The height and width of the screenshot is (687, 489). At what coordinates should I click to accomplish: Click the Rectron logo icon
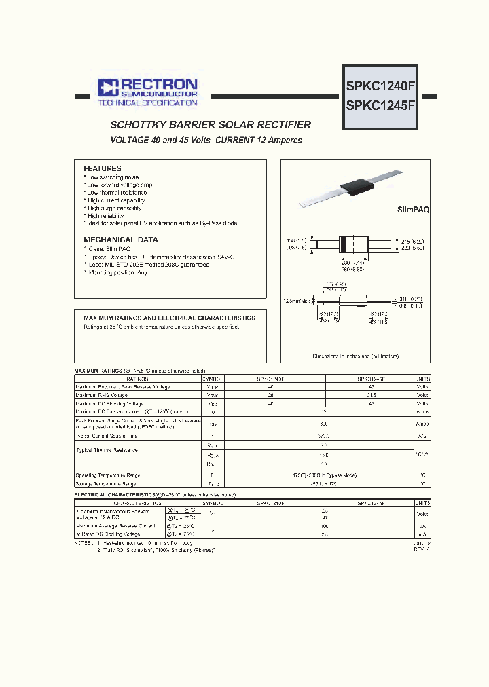tap(107, 86)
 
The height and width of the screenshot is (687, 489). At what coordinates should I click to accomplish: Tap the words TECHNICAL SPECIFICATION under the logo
tap(147, 103)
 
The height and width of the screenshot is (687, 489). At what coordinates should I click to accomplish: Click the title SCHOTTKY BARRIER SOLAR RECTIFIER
tap(211, 125)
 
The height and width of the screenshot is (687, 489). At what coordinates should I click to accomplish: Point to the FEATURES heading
tap(103, 168)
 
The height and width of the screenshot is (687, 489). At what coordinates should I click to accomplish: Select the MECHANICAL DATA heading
tap(121, 240)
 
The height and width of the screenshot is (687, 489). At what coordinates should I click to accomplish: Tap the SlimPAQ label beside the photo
tap(413, 211)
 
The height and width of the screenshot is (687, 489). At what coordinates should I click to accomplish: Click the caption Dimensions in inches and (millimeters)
tap(355, 356)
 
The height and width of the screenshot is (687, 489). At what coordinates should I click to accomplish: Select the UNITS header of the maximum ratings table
tap(422, 379)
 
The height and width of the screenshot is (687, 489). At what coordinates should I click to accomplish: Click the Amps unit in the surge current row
tap(422, 423)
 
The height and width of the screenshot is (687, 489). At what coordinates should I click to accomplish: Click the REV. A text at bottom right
tap(421, 550)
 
